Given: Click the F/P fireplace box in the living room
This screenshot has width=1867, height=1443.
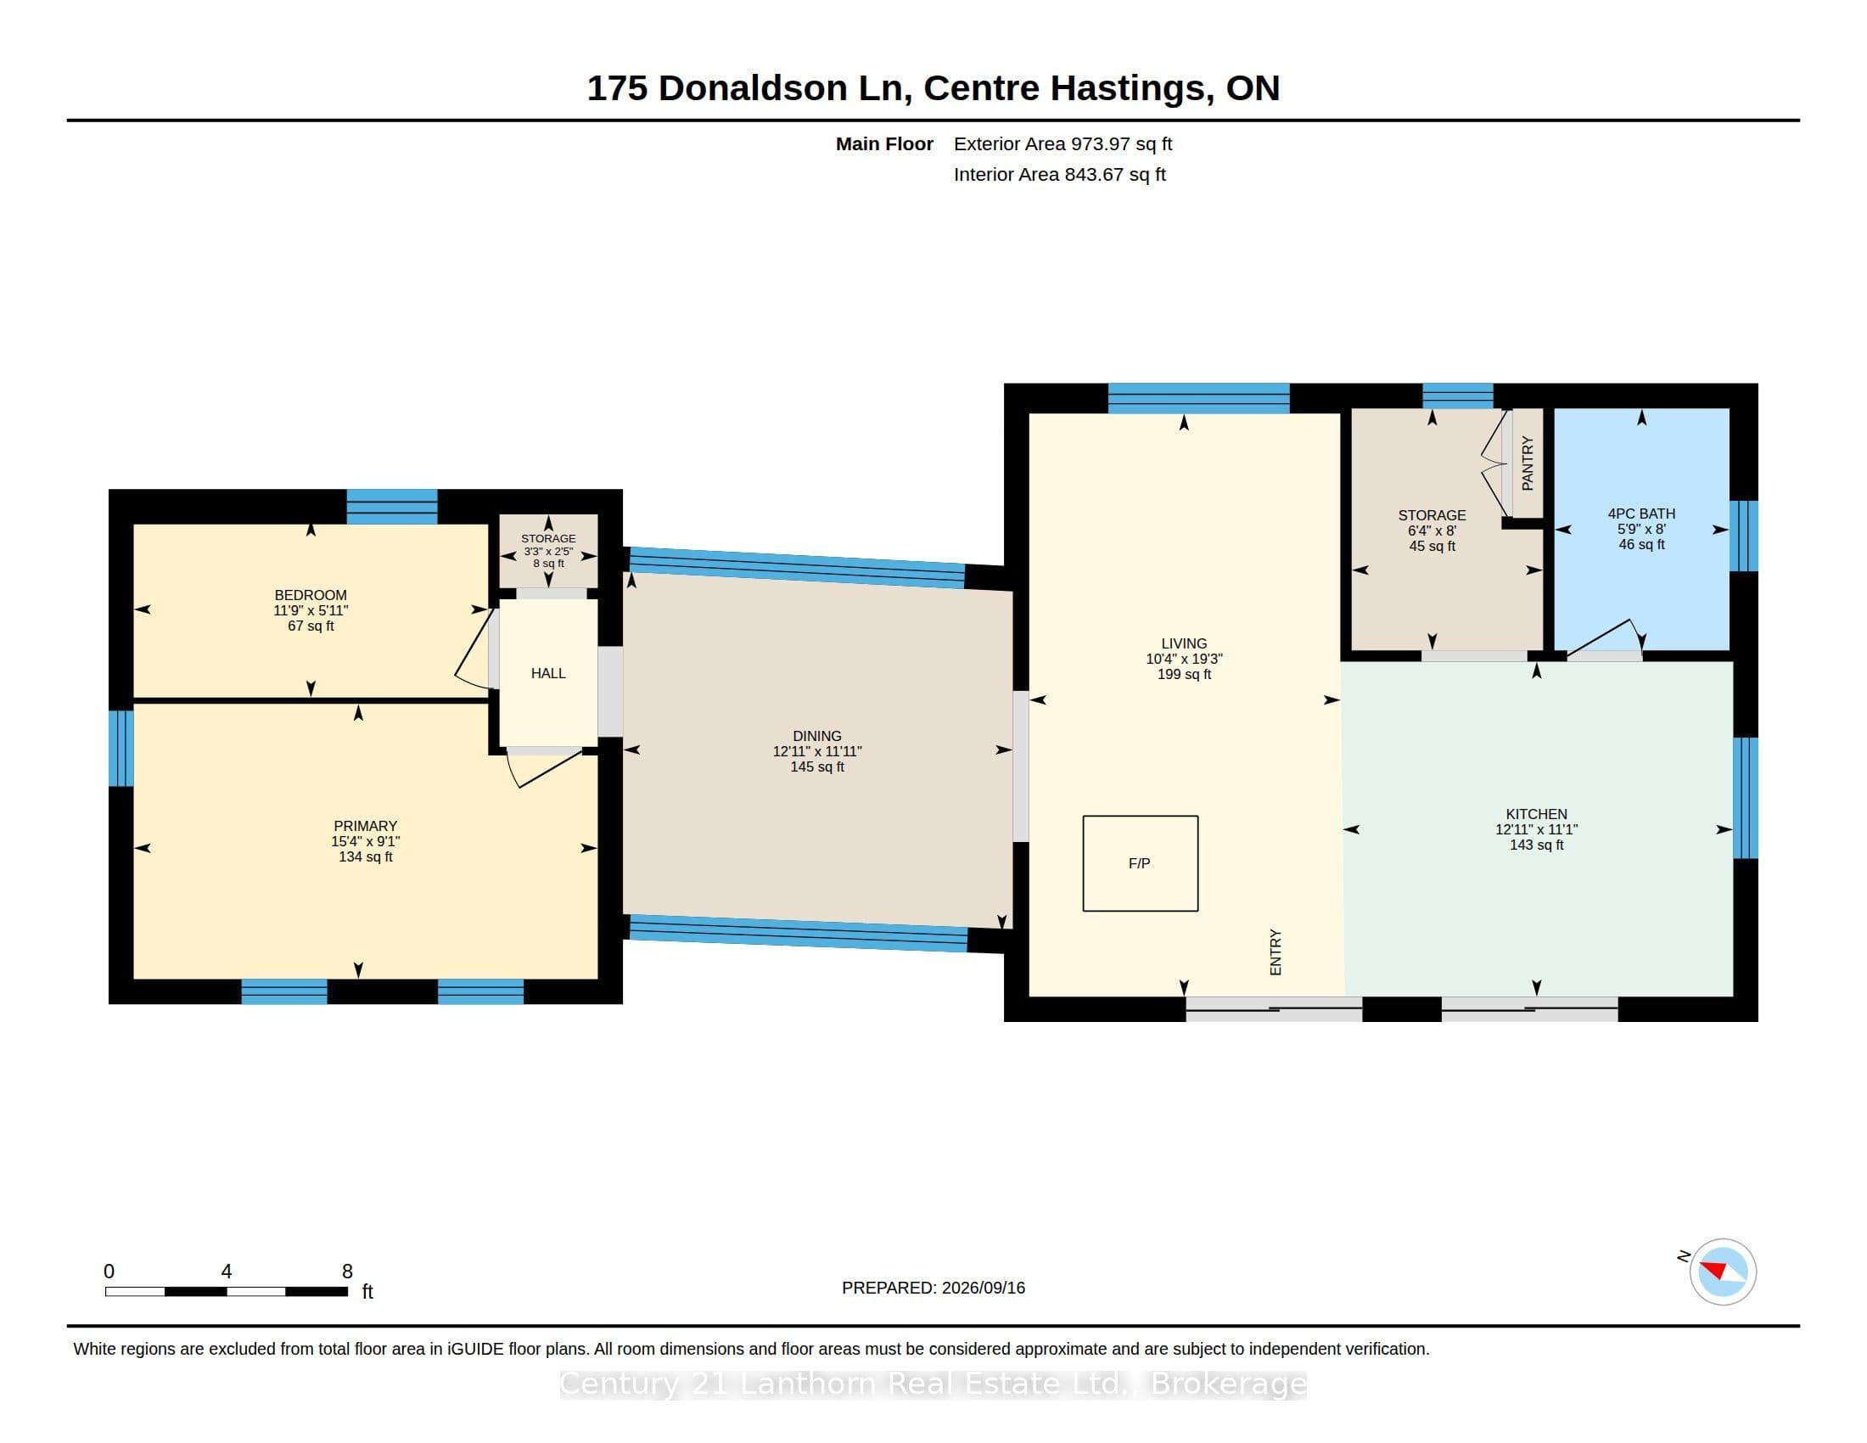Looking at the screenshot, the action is tap(1140, 863).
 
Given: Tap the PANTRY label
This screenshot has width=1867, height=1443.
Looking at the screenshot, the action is tap(1528, 463).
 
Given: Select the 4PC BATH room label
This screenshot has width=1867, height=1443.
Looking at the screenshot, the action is tap(1641, 514).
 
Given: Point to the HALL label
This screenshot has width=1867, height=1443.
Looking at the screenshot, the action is tap(548, 674).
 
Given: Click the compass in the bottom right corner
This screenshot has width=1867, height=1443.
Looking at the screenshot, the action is tap(1723, 1272).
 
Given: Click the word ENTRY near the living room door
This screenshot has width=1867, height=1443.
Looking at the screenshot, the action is tap(1276, 952).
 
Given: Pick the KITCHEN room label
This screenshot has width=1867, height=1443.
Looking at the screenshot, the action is tap(1536, 814).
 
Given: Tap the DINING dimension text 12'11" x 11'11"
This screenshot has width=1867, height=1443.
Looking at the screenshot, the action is tap(817, 751).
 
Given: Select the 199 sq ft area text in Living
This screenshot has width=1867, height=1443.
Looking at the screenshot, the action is tap(1184, 675).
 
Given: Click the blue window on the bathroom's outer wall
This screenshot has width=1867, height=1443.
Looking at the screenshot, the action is tap(1743, 536).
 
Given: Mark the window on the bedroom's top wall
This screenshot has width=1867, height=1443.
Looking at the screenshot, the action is tap(391, 506).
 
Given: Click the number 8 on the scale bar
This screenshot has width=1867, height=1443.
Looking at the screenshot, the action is tap(347, 1272).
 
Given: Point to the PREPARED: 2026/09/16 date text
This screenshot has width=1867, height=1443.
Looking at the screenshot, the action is tap(933, 1288).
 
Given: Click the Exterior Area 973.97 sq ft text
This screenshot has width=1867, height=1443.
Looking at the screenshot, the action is tap(1062, 143).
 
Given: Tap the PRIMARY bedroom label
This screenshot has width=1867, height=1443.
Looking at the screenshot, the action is tap(365, 826).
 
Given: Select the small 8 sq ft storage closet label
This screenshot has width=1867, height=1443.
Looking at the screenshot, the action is tap(548, 564).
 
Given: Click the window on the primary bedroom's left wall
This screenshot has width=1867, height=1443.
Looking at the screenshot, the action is tap(121, 748).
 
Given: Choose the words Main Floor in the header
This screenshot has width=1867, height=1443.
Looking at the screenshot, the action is tap(884, 143).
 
